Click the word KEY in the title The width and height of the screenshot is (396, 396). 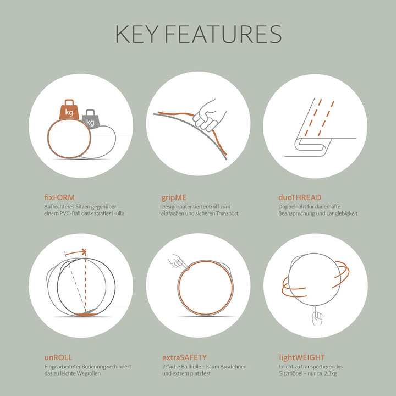click(136, 34)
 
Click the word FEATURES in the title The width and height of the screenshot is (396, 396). click(223, 34)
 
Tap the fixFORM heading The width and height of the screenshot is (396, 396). click(59, 197)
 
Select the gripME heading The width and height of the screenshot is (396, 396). click(174, 198)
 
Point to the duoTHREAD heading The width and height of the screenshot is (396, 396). click(300, 197)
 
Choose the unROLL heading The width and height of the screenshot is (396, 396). click(58, 358)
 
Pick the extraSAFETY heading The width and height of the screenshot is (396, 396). click(184, 358)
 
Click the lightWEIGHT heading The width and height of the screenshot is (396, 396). click(302, 358)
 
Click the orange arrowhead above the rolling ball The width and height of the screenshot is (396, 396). click(84, 251)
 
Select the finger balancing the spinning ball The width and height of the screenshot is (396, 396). click(316, 316)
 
